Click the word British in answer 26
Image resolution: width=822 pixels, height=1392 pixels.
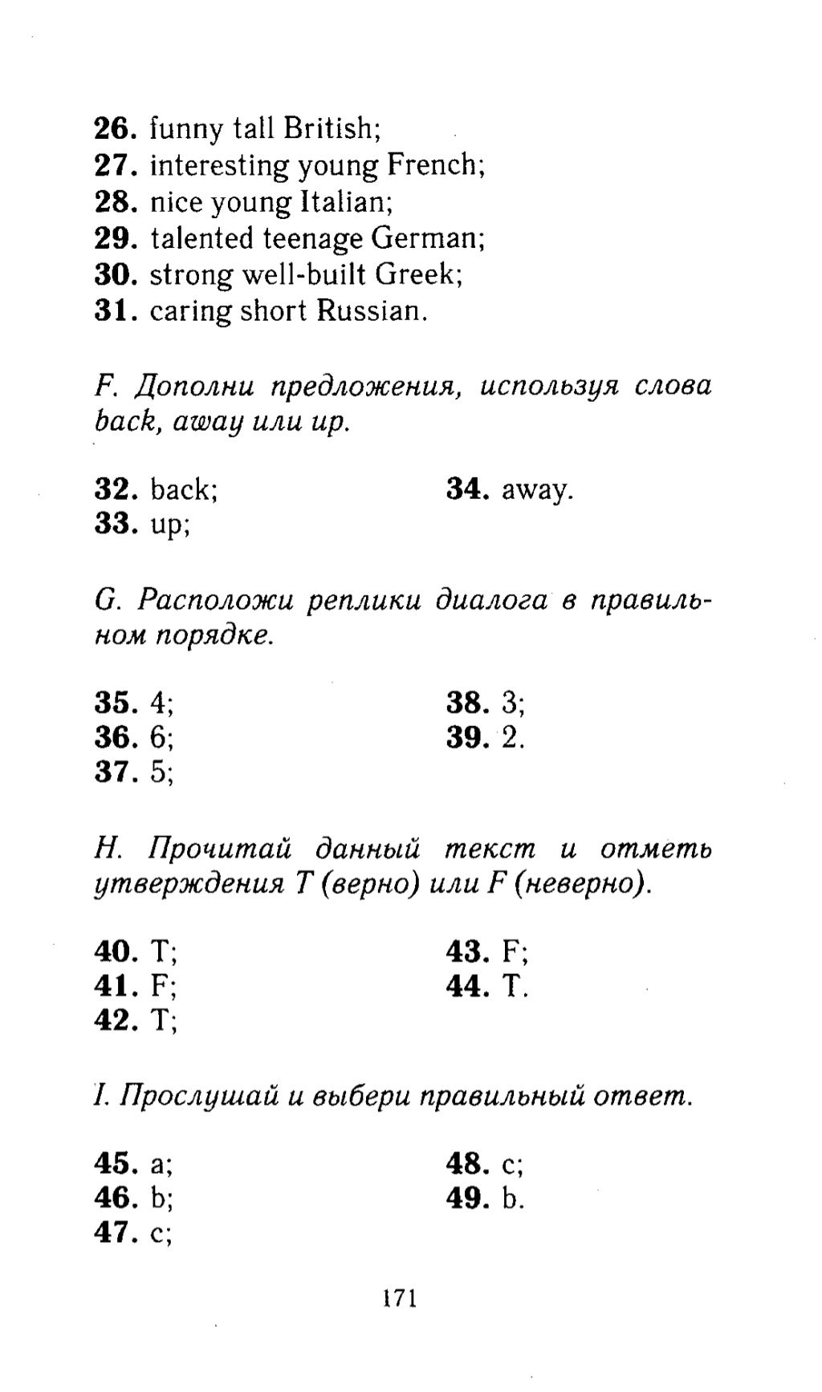click(328, 128)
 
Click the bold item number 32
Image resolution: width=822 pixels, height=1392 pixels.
click(117, 489)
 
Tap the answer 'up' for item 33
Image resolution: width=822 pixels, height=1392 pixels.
click(168, 526)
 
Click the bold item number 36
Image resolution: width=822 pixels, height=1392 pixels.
click(117, 737)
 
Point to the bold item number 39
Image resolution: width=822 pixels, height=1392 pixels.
click(468, 737)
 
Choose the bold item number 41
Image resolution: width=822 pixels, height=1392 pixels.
click(117, 986)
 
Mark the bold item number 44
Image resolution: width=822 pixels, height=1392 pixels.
click(468, 986)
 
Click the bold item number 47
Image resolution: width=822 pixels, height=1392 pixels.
click(117, 1233)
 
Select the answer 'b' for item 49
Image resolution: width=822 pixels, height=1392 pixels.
click(510, 1198)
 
